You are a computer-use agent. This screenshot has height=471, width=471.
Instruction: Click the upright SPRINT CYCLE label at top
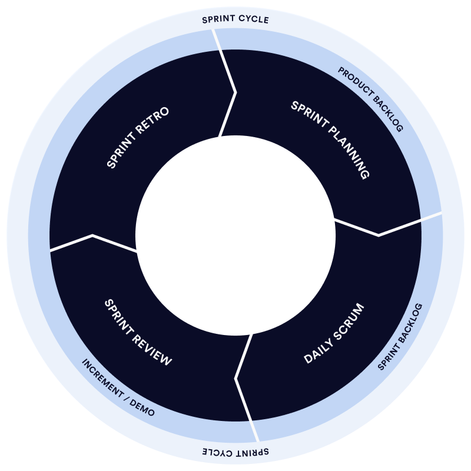235,19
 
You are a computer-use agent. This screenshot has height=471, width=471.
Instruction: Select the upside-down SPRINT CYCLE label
235,452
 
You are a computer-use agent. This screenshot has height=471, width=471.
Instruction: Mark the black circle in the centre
235,235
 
